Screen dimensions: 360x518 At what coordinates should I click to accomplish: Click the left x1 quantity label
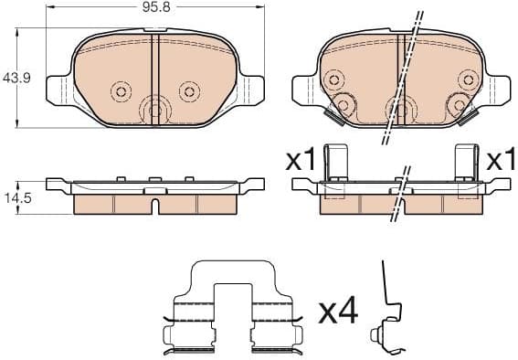pyautogui.click(x=301, y=161)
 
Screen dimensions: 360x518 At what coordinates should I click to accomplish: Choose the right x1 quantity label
pyautogui.click(x=499, y=161)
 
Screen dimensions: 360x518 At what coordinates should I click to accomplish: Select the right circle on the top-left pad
pyautogui.click(x=188, y=90)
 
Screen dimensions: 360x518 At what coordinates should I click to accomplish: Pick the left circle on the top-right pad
pyautogui.click(x=344, y=104)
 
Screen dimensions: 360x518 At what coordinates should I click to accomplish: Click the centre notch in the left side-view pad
pyautogui.click(x=155, y=205)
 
